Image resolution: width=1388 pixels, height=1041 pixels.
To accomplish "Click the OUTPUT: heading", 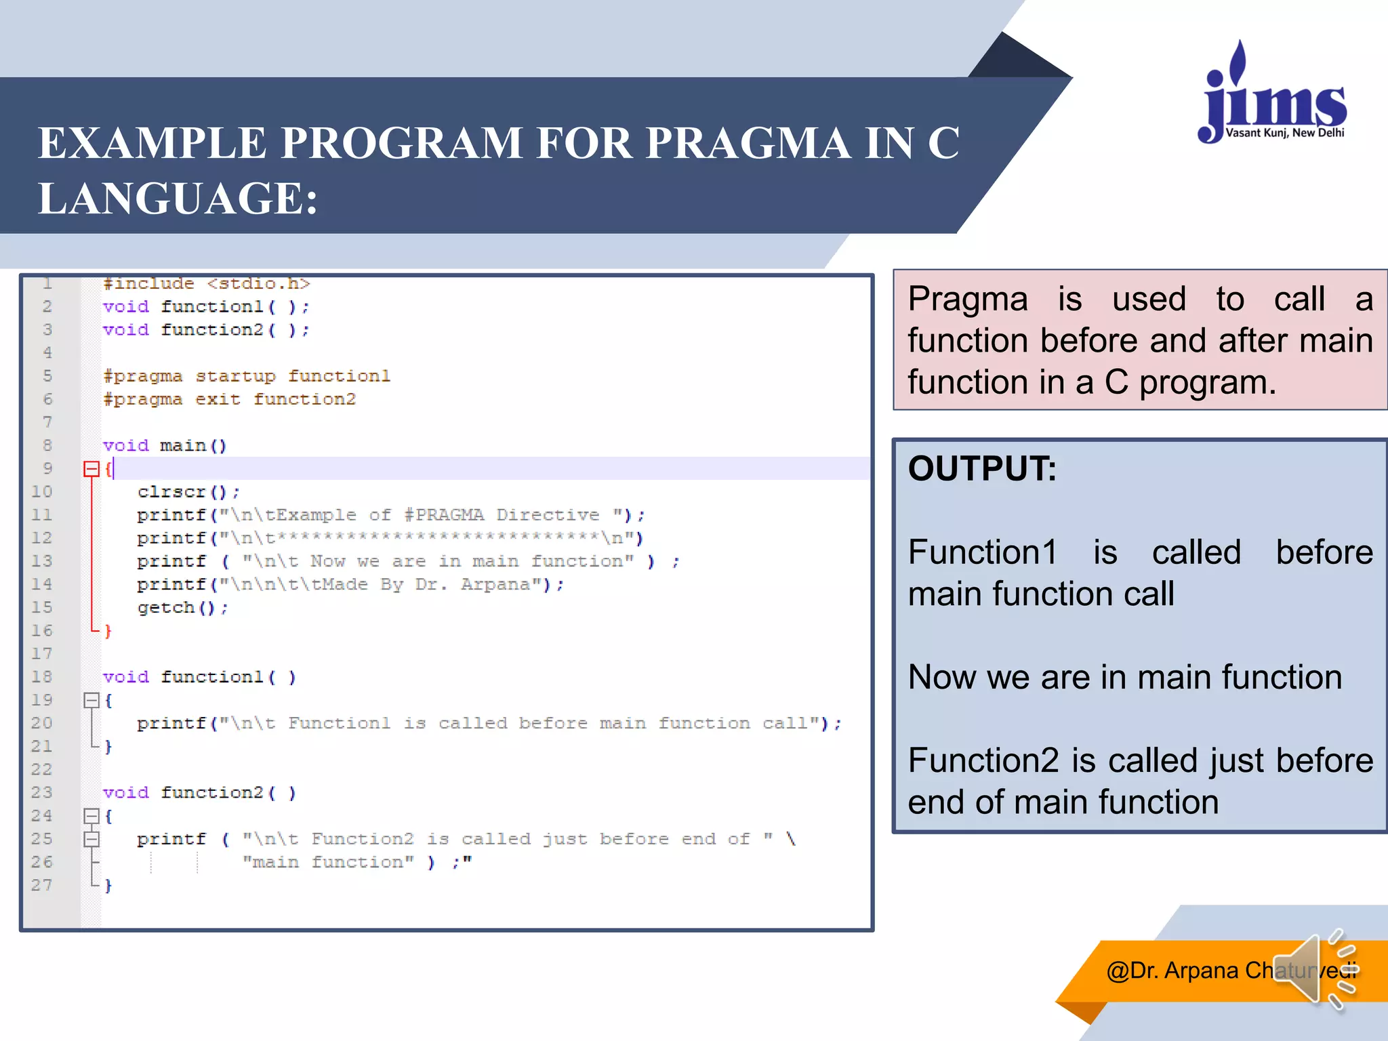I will pyautogui.click(x=981, y=469).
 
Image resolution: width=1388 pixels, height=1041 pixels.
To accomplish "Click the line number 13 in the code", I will pyautogui.click(x=42, y=561).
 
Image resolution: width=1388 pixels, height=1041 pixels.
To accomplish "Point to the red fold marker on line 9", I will pyautogui.click(x=91, y=469).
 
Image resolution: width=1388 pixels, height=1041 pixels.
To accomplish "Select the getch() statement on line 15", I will pyautogui.click(x=182, y=608).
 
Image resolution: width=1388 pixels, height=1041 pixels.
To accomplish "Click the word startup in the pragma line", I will pyautogui.click(x=235, y=376).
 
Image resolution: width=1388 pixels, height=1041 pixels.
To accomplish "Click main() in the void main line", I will pyautogui.click(x=193, y=446).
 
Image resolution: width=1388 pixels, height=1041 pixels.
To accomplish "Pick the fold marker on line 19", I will pyautogui.click(x=91, y=701).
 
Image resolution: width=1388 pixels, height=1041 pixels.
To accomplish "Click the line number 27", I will pyautogui.click(x=42, y=885).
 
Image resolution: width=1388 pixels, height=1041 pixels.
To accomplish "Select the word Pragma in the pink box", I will pyautogui.click(x=967, y=300).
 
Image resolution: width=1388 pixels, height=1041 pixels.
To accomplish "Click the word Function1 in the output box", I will pyautogui.click(x=982, y=552).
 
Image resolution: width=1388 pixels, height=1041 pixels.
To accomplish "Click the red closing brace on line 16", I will pyautogui.click(x=108, y=631).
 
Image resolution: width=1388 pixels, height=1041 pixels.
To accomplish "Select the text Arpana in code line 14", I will pyautogui.click(x=495, y=584).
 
